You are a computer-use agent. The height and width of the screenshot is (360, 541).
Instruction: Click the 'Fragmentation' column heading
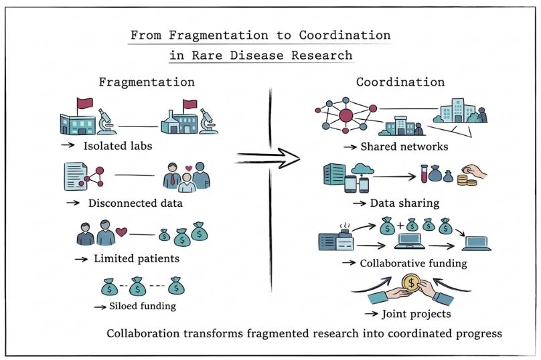coord(147,82)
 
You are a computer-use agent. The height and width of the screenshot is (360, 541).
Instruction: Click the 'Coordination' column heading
coord(400,82)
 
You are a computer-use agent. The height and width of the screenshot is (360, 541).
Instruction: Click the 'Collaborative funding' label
coord(413,263)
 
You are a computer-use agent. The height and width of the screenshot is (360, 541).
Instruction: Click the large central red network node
coord(346,116)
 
